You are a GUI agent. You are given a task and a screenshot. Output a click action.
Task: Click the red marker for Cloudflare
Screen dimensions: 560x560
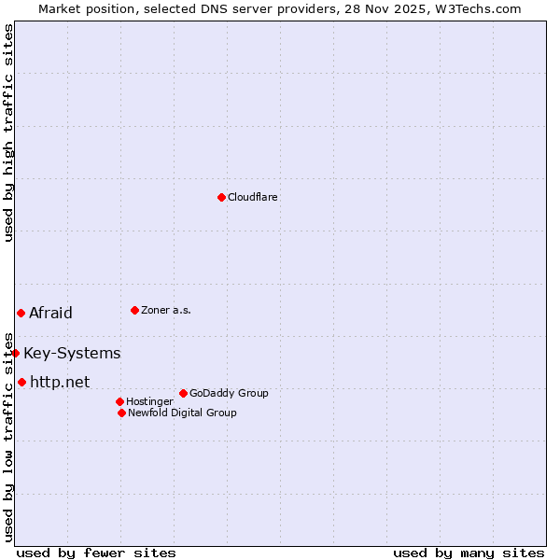(221, 197)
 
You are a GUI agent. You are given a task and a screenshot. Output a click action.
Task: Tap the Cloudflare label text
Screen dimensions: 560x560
(253, 197)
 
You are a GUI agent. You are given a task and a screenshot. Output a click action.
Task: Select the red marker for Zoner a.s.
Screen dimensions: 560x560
(134, 310)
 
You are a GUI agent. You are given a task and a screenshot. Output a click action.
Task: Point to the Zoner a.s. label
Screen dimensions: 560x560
(166, 310)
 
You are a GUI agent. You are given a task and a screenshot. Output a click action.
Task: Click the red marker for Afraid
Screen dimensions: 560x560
(21, 313)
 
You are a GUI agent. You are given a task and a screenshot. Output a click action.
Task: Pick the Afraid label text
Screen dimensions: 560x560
(50, 313)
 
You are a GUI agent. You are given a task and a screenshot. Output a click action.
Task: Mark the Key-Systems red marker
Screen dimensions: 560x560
(16, 353)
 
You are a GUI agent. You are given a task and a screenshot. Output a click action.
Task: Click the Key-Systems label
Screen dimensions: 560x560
(72, 353)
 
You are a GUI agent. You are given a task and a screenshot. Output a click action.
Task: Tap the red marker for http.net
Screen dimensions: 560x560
(21, 382)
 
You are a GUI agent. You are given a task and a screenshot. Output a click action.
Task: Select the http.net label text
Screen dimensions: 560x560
(60, 382)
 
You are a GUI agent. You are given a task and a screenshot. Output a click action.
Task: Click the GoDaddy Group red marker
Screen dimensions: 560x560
(183, 393)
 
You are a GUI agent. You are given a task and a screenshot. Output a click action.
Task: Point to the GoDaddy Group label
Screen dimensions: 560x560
(229, 393)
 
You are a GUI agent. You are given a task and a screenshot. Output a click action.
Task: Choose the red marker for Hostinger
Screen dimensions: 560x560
(119, 401)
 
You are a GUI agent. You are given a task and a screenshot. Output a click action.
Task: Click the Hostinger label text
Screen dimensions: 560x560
(149, 401)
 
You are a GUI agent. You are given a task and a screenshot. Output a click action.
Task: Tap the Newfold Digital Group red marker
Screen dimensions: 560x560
(121, 413)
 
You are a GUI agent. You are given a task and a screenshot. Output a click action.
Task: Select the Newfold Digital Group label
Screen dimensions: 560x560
(182, 413)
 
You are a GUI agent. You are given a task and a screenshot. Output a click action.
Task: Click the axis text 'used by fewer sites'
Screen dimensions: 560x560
(96, 553)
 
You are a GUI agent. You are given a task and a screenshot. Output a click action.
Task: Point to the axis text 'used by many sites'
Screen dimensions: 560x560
(469, 553)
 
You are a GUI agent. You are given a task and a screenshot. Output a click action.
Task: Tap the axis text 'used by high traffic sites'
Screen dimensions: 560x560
(8, 133)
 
